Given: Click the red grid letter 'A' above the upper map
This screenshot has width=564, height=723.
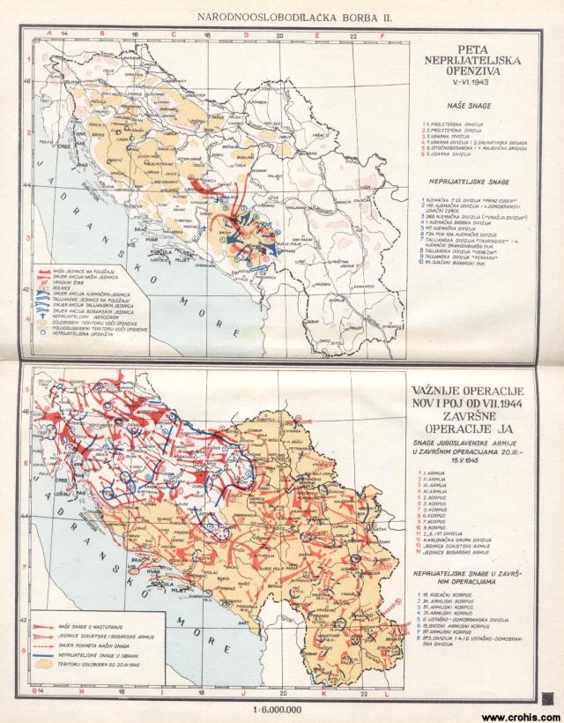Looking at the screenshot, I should coord(51,34).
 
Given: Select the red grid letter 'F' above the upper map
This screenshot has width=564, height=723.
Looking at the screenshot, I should coord(381,34).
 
